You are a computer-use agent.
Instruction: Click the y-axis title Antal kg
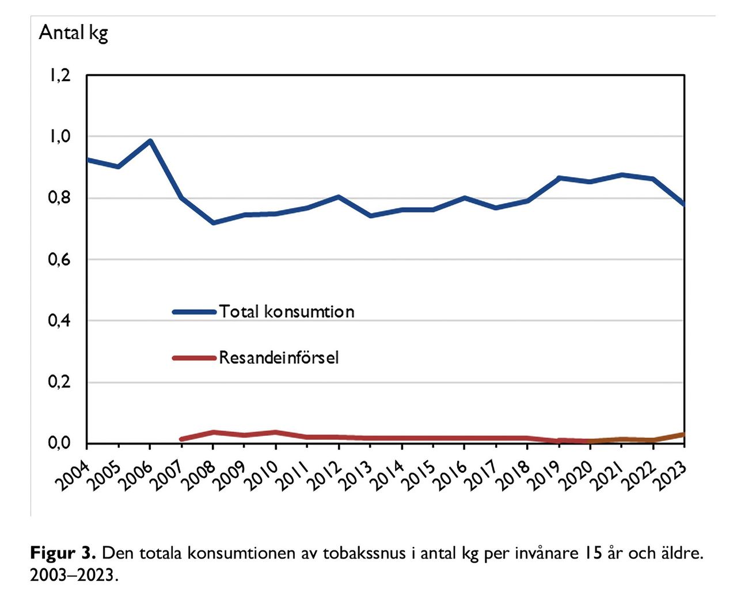click(x=73, y=33)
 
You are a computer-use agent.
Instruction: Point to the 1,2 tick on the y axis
click(x=59, y=75)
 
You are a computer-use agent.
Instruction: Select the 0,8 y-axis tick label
click(x=59, y=198)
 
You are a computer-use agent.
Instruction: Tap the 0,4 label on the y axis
click(x=59, y=321)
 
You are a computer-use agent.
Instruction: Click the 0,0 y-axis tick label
click(x=59, y=443)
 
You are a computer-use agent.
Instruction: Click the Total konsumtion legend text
click(x=286, y=312)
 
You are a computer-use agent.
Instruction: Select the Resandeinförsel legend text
click(x=279, y=358)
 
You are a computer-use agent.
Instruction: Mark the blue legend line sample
click(x=194, y=312)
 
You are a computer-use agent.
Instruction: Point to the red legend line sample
click(x=194, y=358)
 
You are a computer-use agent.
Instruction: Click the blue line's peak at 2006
click(x=150, y=140)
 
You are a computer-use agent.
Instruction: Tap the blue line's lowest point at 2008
click(x=213, y=223)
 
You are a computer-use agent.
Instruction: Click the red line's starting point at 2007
click(x=181, y=439)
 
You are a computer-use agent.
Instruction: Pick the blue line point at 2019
click(x=559, y=178)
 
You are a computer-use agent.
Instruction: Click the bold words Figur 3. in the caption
click(x=62, y=553)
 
